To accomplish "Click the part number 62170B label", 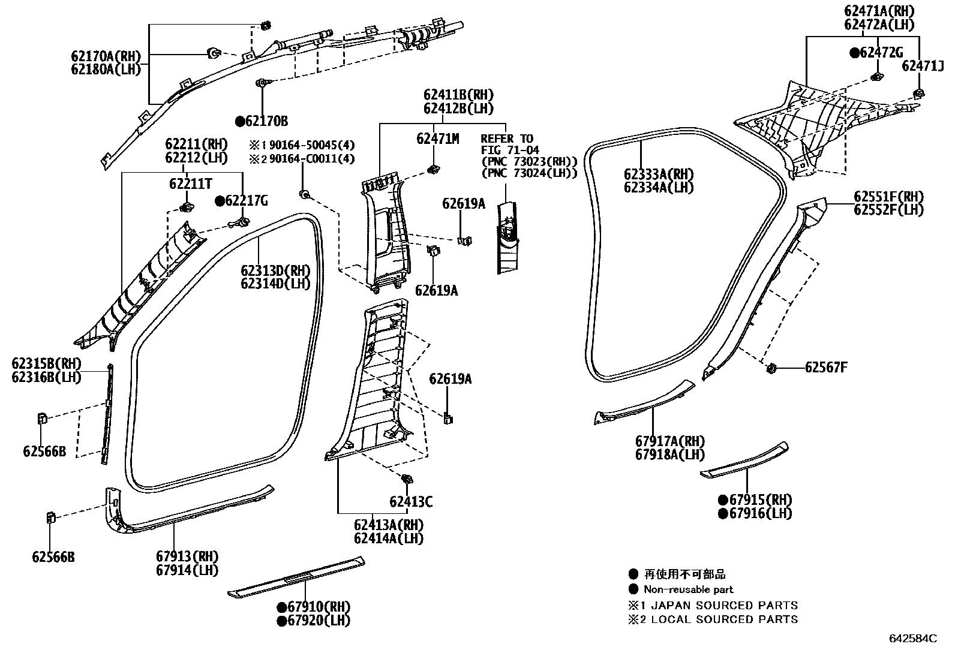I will (266, 122).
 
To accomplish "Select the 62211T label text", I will (190, 184).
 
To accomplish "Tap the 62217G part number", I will (247, 201).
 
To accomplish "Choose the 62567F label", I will (826, 368).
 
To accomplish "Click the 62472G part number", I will (880, 53).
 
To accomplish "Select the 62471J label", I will (923, 66).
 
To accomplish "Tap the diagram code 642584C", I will (912, 639).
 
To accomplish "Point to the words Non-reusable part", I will (688, 589).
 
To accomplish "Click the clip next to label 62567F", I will (773, 368).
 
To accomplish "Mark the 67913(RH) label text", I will (187, 556).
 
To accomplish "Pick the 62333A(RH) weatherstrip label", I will (658, 174).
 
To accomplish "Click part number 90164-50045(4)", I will (312, 145).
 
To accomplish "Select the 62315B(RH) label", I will (46, 364).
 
